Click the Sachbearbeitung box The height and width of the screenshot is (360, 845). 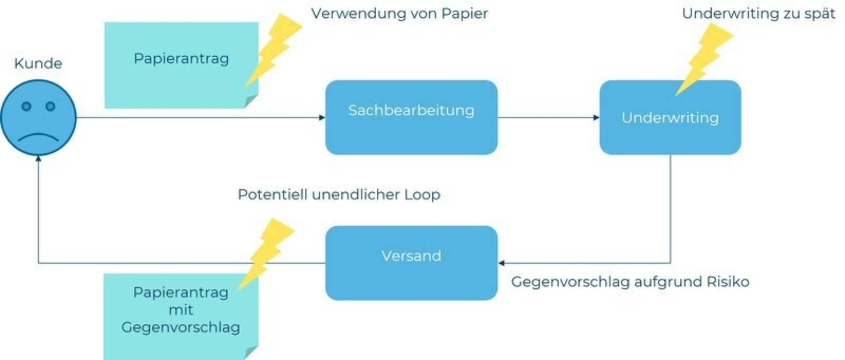coord(411,118)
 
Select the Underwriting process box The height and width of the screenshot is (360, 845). coord(670,118)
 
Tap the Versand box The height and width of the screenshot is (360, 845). coord(411,263)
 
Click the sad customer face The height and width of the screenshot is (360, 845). coord(38,118)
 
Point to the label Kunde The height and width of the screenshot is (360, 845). coord(38,63)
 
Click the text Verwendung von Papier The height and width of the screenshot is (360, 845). coord(399,14)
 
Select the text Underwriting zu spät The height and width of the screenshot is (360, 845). coord(758,14)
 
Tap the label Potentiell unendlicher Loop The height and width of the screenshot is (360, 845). coord(339,195)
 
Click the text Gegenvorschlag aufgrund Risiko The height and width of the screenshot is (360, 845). coord(630,282)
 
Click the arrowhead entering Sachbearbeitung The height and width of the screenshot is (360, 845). coord(322,118)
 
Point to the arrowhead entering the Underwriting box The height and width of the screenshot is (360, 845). coord(596,118)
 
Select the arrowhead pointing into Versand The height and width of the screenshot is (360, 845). coord(501,263)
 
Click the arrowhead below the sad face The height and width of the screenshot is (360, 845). coord(38,158)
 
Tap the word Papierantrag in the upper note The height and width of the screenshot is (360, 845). coord(181,59)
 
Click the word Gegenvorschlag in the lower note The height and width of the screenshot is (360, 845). coord(181,327)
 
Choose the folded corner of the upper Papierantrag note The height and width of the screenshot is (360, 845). coord(251,102)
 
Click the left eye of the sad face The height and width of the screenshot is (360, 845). coord(26,106)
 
